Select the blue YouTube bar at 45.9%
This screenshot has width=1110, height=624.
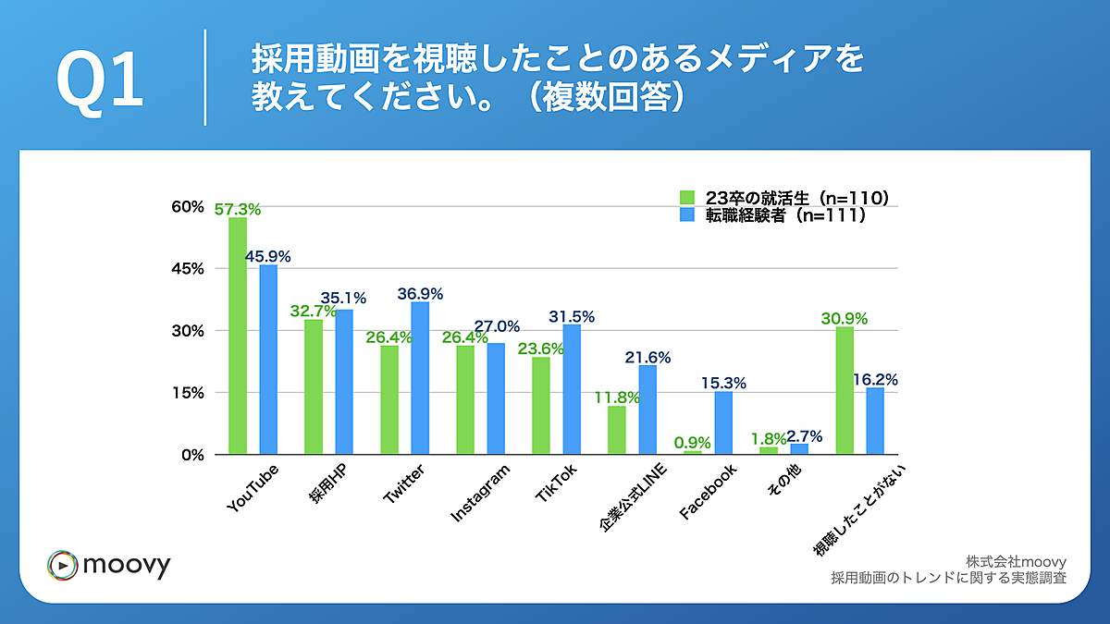pyautogui.click(x=268, y=360)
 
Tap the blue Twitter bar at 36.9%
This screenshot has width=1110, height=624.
pyautogui.click(x=420, y=378)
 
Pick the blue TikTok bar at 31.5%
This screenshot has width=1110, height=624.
pyautogui.click(x=572, y=389)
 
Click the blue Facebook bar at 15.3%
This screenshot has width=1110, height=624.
pyautogui.click(x=723, y=422)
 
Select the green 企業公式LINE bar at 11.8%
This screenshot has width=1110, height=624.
pyautogui.click(x=617, y=430)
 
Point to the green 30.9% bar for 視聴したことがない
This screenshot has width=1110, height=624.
pyautogui.click(x=845, y=390)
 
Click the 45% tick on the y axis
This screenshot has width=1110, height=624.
pyautogui.click(x=188, y=269)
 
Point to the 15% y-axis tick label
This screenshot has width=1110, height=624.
pyautogui.click(x=188, y=393)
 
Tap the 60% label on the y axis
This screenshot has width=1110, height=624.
pyautogui.click(x=188, y=207)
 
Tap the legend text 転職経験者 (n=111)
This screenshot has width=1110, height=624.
pyautogui.click(x=785, y=215)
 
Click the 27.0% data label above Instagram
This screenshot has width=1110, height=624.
pyautogui.click(x=497, y=327)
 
